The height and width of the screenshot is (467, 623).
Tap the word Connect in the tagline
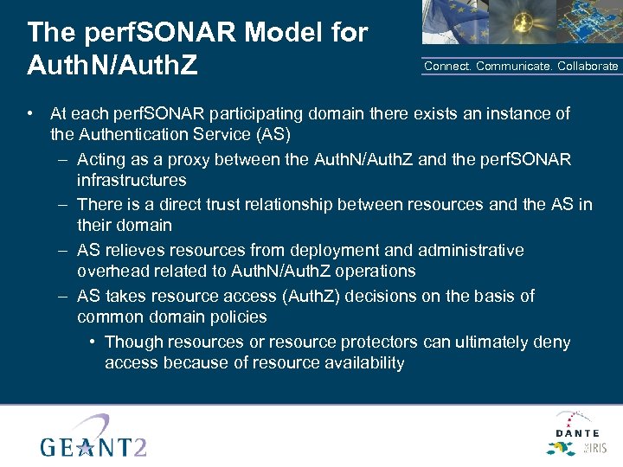point(446,67)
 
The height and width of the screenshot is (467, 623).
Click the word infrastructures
point(132,181)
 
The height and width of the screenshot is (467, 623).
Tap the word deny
point(552,342)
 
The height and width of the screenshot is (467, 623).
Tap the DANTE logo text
point(576,432)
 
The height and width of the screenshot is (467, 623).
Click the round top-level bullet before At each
point(30,113)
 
